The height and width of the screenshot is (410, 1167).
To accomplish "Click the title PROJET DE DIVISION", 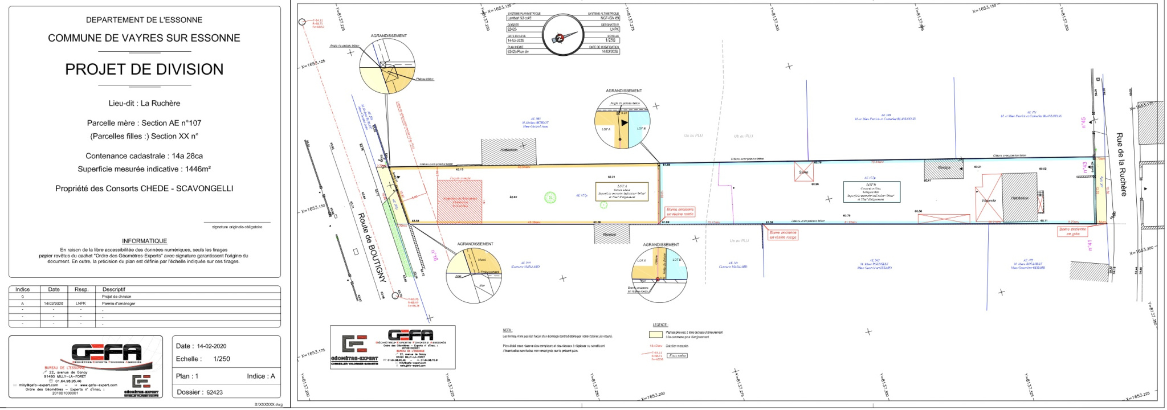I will (x=144, y=69).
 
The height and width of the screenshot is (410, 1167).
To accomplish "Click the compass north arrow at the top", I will (x=559, y=38).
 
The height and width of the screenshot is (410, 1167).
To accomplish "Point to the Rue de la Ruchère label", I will (x=1121, y=165).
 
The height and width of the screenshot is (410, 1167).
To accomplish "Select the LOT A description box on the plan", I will (x=622, y=192).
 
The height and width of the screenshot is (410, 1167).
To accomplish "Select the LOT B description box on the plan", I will (x=871, y=192).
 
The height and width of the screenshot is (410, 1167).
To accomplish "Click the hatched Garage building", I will (x=944, y=169).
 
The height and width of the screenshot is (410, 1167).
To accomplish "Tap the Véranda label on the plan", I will (x=989, y=200).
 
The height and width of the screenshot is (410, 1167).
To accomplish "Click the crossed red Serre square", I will (x=804, y=171).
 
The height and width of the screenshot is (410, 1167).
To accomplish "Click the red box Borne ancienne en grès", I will (x=1072, y=232).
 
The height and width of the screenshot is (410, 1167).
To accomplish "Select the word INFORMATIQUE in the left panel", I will (x=144, y=241).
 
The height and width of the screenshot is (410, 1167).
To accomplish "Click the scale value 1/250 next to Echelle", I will (x=222, y=359).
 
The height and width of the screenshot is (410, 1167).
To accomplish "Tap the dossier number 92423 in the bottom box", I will (x=215, y=392).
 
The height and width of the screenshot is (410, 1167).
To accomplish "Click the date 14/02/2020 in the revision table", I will (x=54, y=304).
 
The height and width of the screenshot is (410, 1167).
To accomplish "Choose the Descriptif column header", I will (x=113, y=289).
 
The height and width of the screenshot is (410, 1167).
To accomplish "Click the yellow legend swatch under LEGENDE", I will (x=656, y=335).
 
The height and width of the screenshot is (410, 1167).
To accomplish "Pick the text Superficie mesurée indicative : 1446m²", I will (x=144, y=169).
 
